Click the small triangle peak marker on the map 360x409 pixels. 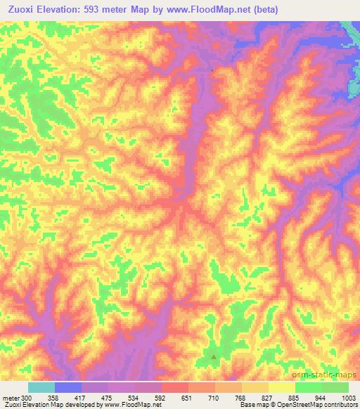click(214, 357)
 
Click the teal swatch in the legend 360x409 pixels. click(41, 387)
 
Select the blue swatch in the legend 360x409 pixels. click(68, 387)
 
